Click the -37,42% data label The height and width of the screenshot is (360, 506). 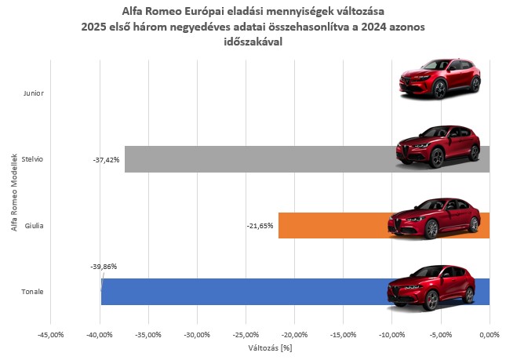click(106, 159)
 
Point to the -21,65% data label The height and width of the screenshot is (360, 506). click(260, 226)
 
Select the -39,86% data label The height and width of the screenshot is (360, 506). click(104, 266)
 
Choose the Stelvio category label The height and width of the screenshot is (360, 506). click(33, 159)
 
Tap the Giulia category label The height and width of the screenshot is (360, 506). click(34, 226)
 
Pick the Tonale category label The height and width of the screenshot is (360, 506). click(33, 293)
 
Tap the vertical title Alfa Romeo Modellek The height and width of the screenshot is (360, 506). click(15, 192)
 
